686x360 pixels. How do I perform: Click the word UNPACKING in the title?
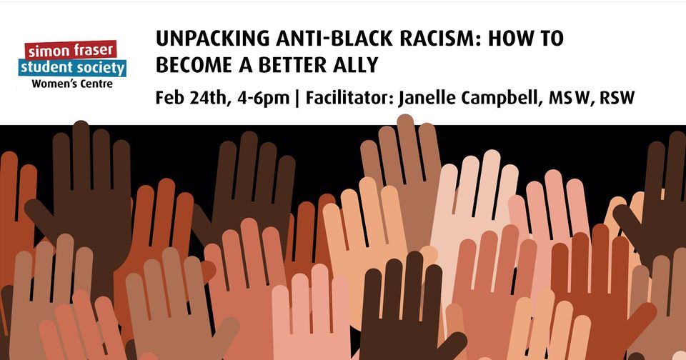(212, 39)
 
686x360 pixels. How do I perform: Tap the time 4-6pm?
(264, 99)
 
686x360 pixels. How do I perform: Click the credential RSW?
(617, 98)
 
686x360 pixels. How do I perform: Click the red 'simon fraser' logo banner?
(71, 50)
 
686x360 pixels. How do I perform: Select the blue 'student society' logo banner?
(72, 68)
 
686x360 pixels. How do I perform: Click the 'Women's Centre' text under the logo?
(72, 84)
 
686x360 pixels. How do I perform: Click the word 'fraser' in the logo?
(93, 50)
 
